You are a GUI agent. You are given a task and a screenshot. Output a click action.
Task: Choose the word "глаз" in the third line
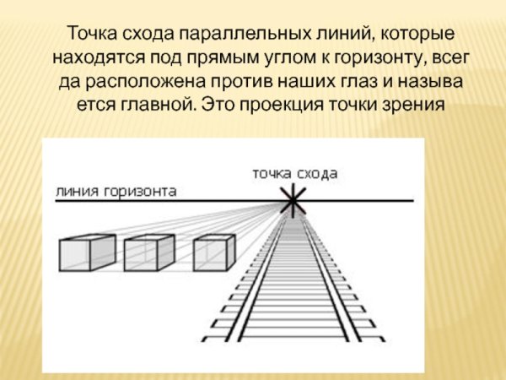click(364, 84)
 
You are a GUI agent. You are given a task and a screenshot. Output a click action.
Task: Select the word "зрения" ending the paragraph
click(418, 108)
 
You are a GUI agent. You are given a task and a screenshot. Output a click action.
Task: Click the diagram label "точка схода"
click(294, 173)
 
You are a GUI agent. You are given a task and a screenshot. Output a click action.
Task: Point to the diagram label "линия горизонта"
click(116, 191)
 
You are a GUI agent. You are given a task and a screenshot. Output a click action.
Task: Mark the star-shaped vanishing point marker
click(293, 201)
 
